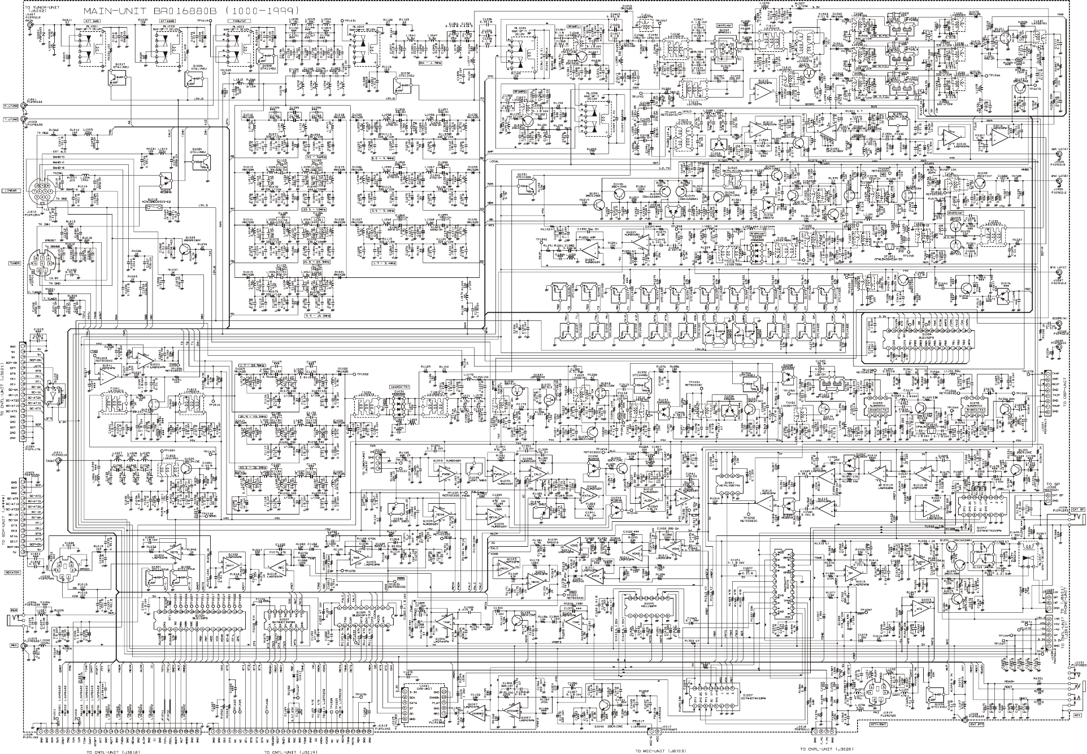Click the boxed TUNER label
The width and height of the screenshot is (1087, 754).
click(x=14, y=263)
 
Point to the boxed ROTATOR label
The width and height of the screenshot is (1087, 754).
click(x=13, y=572)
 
